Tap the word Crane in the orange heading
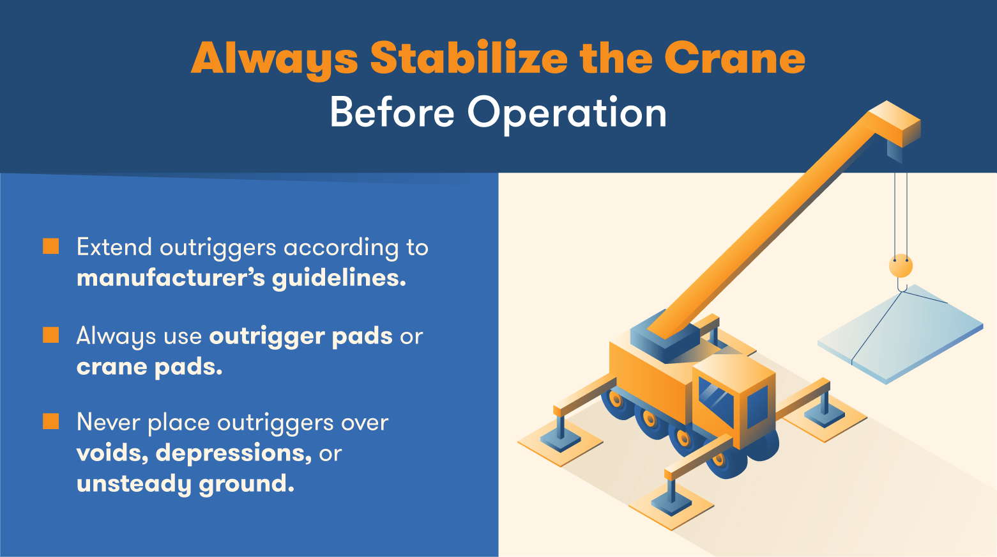[734, 58]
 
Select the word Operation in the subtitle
[567, 113]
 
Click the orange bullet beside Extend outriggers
[51, 247]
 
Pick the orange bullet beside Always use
[51, 335]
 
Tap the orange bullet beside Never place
[51, 421]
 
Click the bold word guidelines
[339, 278]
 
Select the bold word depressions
[233, 453]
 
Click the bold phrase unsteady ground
[185, 484]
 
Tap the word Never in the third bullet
[108, 423]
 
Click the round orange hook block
[901, 265]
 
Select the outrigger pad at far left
[560, 443]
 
